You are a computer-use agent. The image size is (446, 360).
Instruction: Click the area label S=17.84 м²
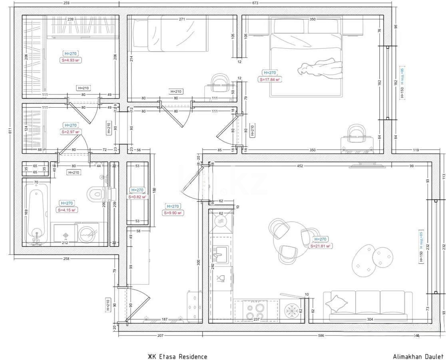tap(270, 79)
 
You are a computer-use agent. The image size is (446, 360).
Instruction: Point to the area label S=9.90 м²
tap(173, 213)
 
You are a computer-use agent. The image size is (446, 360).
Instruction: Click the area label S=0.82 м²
tap(137, 197)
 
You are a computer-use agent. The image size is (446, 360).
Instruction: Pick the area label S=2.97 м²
tap(70, 132)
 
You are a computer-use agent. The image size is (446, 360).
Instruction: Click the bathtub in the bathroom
tap(36, 216)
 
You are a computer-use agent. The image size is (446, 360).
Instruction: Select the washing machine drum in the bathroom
tap(87, 234)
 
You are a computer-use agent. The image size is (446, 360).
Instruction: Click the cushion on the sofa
tap(336, 304)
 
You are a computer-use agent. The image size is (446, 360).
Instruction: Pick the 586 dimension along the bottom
tap(321, 336)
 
